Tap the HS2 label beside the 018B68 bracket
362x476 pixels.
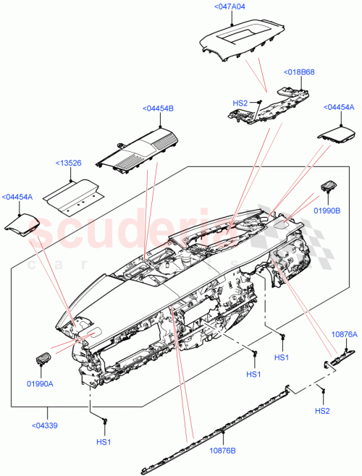click(x=240, y=103)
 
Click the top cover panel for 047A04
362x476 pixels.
click(x=238, y=36)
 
